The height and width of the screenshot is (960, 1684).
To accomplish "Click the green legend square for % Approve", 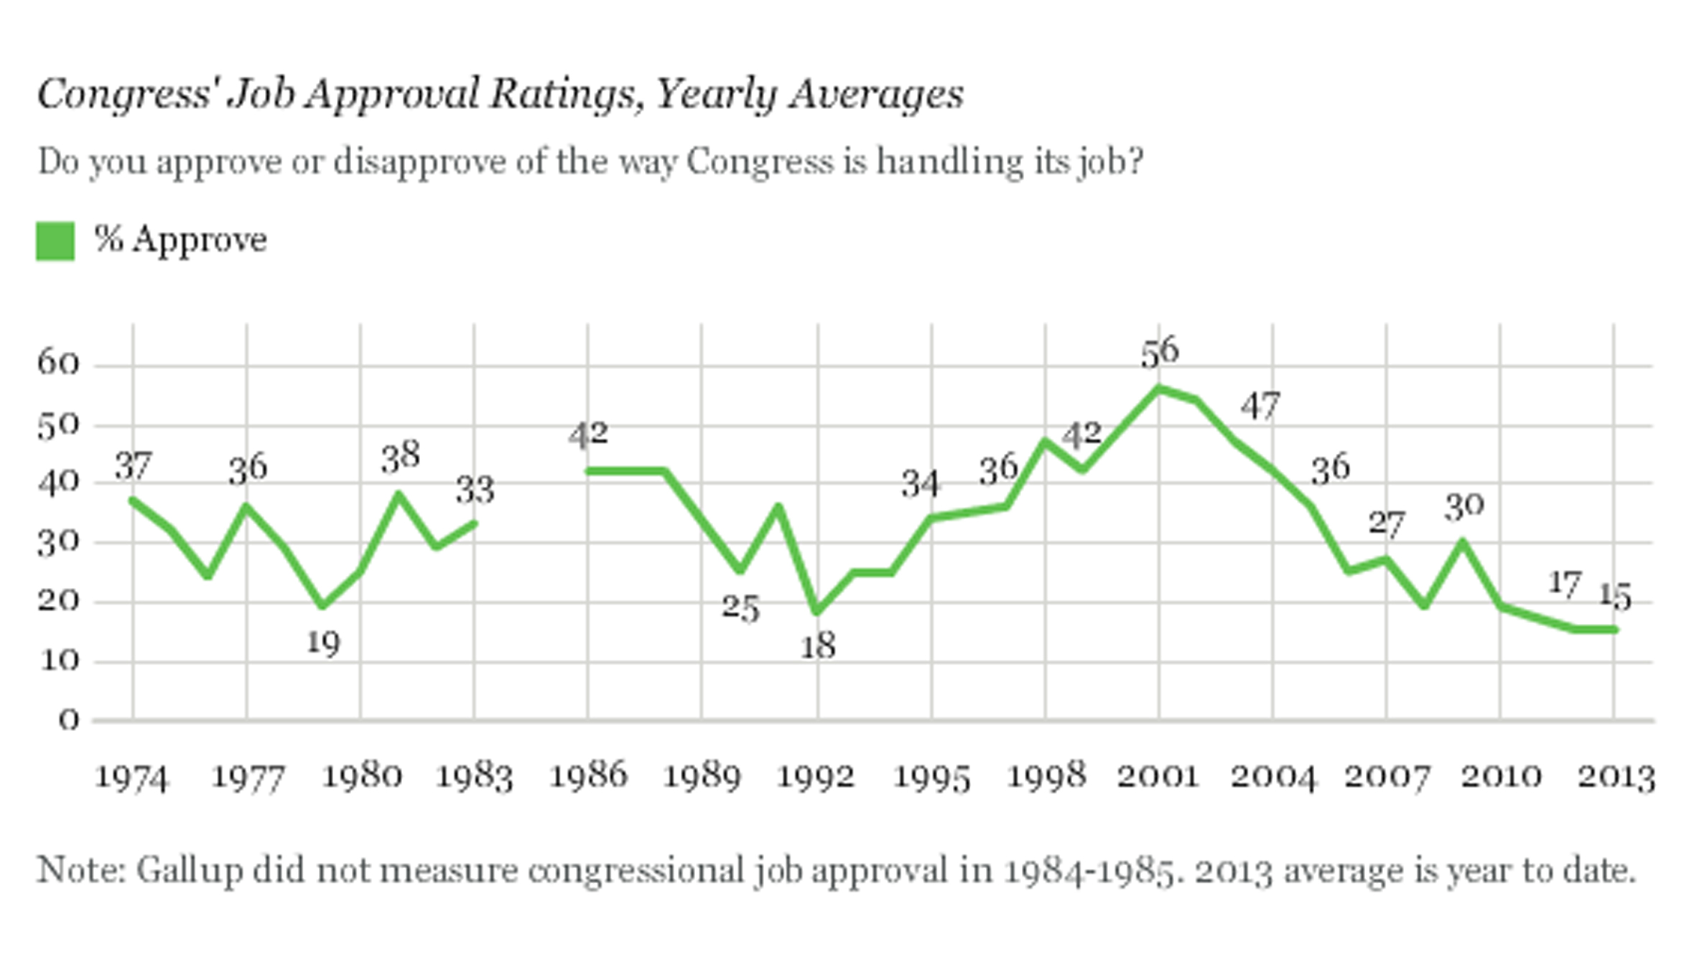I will tap(55, 241).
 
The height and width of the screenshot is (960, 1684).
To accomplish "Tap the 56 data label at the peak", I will tap(1160, 352).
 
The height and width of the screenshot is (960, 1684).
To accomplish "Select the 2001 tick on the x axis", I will tap(1158, 776).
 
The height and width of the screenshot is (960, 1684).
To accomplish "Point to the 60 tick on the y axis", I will tap(58, 363).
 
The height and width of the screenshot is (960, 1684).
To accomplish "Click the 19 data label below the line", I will tap(323, 643).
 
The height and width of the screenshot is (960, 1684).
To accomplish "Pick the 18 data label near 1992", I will tap(818, 647).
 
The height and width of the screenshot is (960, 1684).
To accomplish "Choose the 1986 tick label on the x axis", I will tap(588, 776).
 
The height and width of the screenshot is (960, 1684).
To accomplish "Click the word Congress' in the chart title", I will tap(123, 95).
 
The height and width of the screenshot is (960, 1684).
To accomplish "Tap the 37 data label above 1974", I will tap(134, 467).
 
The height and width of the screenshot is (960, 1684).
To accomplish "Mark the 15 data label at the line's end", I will tap(1615, 597).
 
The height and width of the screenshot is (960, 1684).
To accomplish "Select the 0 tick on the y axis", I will tap(69, 719).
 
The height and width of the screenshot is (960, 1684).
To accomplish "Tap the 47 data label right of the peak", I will tap(1260, 406).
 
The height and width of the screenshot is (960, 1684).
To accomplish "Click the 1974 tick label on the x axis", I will tap(131, 778).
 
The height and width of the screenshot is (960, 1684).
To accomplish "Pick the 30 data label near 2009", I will tap(1464, 507).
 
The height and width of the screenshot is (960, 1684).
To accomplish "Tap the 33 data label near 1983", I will tap(475, 490).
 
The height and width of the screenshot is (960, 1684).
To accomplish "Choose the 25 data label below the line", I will tap(740, 609).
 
